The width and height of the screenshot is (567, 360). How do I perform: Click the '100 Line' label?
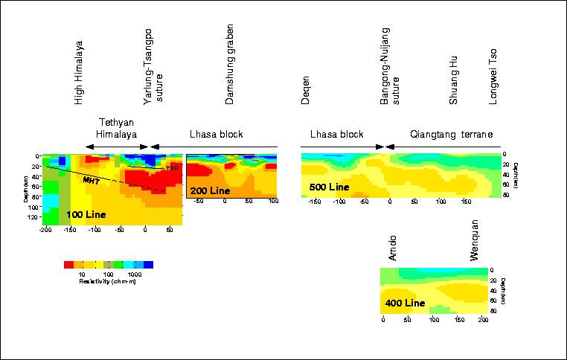86,214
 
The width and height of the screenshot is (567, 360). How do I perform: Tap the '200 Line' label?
209,191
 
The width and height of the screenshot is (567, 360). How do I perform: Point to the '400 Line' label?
404,303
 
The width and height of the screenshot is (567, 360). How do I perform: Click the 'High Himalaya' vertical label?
80,72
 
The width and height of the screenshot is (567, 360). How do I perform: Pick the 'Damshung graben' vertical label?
231,62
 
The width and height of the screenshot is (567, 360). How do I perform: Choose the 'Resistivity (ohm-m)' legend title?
108,281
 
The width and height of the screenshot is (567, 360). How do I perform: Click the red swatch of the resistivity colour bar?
68,264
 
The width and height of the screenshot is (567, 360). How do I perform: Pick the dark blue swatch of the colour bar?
148,264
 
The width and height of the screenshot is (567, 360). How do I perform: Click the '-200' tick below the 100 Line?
45,231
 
